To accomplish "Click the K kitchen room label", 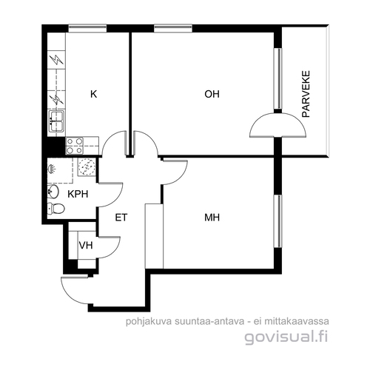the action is click(x=94, y=94).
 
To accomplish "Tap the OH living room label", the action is click(x=212, y=94).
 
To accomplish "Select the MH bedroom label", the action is click(x=212, y=218).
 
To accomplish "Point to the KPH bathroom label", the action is click(x=78, y=194).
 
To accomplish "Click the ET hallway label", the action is click(x=121, y=218).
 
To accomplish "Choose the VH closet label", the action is click(x=86, y=246).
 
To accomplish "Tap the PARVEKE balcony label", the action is click(x=306, y=94).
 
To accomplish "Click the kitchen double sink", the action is click(x=57, y=121).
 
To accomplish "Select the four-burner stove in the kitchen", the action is click(x=75, y=146).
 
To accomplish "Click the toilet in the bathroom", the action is click(x=56, y=209).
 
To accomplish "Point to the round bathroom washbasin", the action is click(x=53, y=191).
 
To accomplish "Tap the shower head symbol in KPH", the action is click(x=52, y=169).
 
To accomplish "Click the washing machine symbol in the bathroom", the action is click(x=87, y=167).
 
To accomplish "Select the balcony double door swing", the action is click(x=278, y=125).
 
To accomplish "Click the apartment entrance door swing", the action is click(x=75, y=290).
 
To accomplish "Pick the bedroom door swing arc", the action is click(x=175, y=172).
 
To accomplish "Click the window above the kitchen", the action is click(x=87, y=28).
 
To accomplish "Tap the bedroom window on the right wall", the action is click(x=278, y=221).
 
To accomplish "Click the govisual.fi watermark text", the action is click(x=286, y=337).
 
